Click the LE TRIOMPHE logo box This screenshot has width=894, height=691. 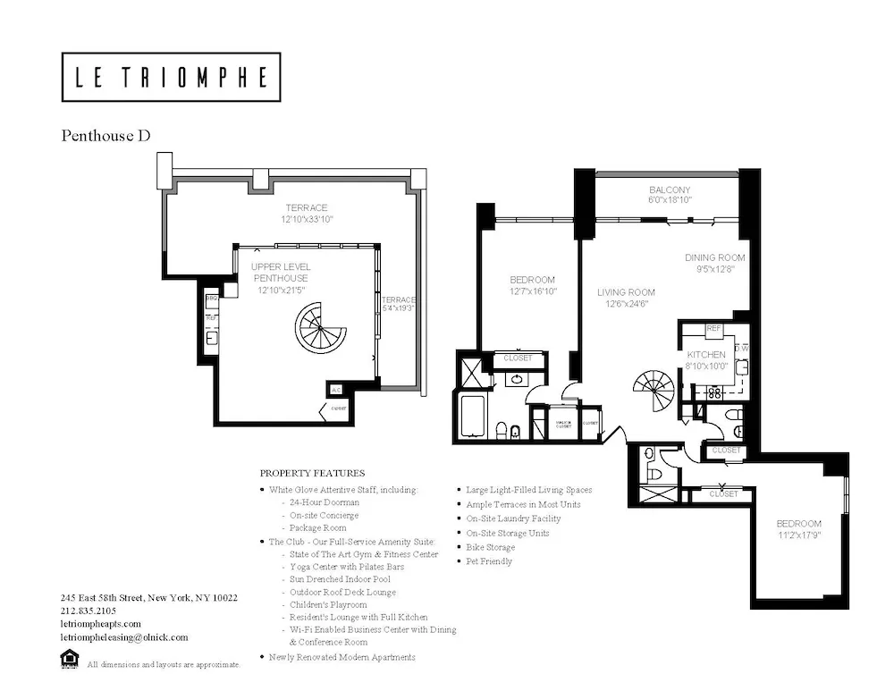[171, 77]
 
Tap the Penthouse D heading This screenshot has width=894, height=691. [105, 136]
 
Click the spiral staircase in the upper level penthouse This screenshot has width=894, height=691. [321, 328]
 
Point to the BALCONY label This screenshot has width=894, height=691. [670, 190]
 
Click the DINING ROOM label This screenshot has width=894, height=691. [714, 258]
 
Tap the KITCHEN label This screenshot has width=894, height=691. [706, 355]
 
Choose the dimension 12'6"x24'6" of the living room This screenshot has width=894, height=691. [626, 304]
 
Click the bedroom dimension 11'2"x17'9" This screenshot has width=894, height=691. [798, 535]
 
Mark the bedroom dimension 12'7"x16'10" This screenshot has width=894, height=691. [532, 291]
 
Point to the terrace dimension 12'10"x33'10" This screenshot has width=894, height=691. [307, 219]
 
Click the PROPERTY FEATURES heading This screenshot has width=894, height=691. [312, 473]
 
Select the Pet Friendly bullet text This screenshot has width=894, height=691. [489, 561]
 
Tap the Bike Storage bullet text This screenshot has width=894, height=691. [490, 547]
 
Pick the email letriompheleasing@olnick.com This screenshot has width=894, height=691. [124, 637]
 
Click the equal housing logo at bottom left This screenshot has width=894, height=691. [68, 661]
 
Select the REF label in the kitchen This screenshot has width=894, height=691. [713, 329]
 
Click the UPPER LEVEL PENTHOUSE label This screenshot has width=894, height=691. [280, 273]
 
